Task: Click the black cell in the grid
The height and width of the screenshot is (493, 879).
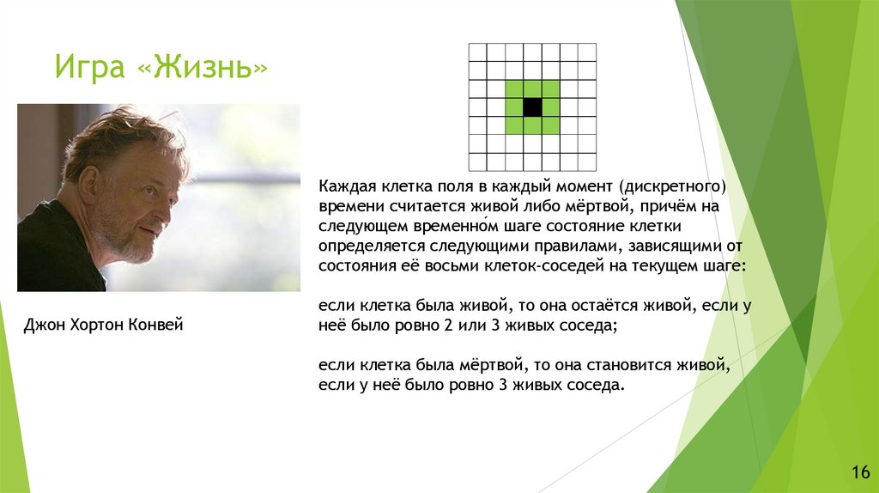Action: point(532,107)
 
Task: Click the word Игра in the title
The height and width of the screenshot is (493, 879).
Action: point(89,67)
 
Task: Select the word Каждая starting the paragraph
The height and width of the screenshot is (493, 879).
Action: point(347,186)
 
